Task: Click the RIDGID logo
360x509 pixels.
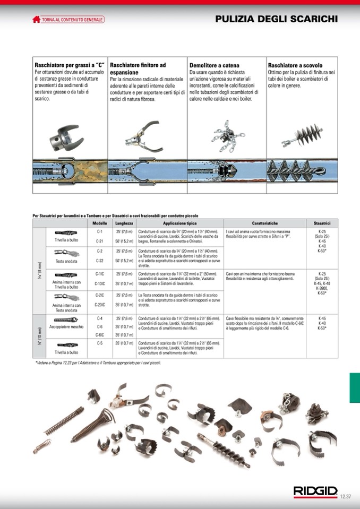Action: coord(315,491)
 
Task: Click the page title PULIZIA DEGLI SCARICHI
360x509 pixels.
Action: coord(276,19)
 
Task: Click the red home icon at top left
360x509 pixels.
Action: coord(36,20)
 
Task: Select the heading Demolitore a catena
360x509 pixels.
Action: coord(215,65)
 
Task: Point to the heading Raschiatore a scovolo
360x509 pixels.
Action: coord(295,65)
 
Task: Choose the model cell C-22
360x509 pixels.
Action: coord(99,261)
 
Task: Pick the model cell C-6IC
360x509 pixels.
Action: coord(99,335)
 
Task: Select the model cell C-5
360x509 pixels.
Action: coord(99,343)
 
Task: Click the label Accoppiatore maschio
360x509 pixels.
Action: coord(67,327)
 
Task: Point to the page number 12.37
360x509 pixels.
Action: coord(346,496)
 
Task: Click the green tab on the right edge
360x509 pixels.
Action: coord(354,387)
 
